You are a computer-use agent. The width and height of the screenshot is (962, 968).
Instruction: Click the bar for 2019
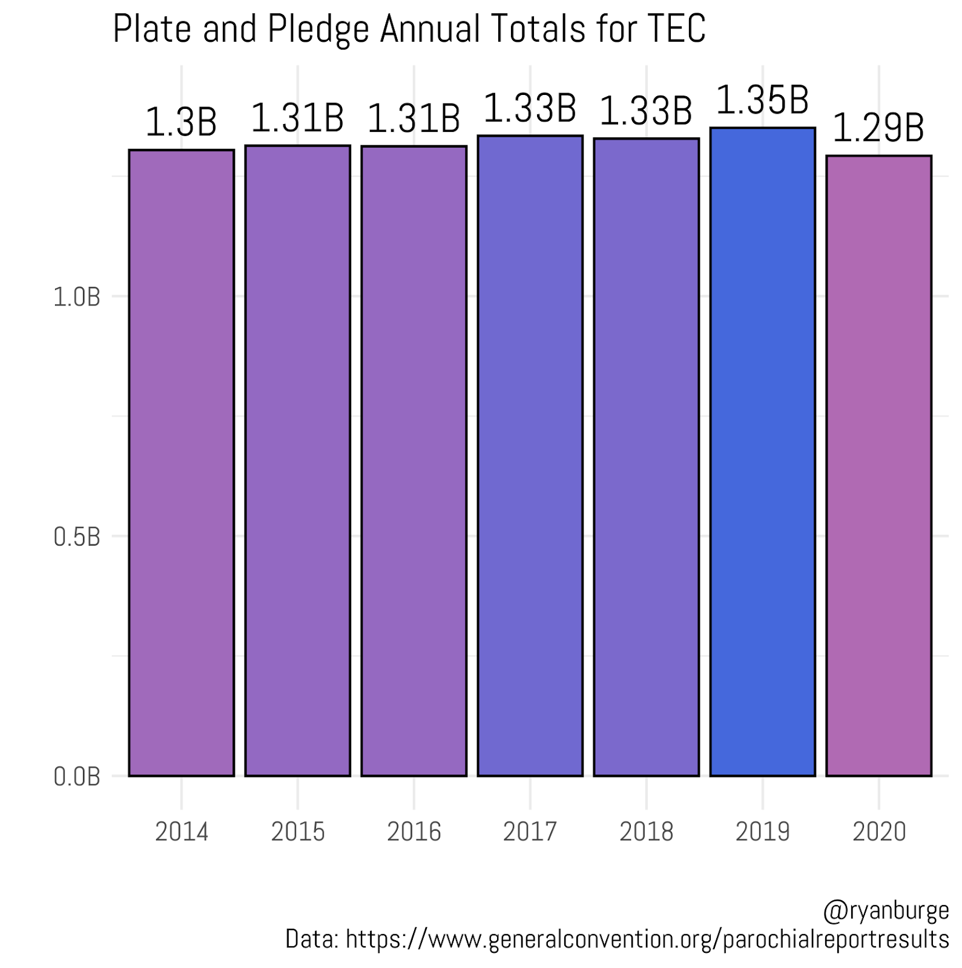762,451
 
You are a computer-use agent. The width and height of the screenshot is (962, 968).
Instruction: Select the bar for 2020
878,465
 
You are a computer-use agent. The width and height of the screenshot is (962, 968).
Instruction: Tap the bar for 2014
181,462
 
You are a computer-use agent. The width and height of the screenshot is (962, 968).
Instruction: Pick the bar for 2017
530,456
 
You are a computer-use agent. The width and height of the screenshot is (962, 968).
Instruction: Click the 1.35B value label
762,100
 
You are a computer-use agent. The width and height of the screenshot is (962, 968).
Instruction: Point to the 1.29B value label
878,128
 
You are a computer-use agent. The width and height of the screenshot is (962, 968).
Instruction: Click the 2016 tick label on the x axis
413,832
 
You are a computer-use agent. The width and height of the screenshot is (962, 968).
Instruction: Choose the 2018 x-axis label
646,832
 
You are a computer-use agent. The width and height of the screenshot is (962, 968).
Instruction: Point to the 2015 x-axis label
297,832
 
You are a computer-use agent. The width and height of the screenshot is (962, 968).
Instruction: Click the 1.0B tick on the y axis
76,297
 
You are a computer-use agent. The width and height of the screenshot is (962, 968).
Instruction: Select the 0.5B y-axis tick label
76,537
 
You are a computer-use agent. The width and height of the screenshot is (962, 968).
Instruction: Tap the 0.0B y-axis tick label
76,777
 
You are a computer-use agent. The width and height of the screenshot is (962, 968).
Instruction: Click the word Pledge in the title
318,29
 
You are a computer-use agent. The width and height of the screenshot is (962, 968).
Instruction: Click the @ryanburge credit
886,911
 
